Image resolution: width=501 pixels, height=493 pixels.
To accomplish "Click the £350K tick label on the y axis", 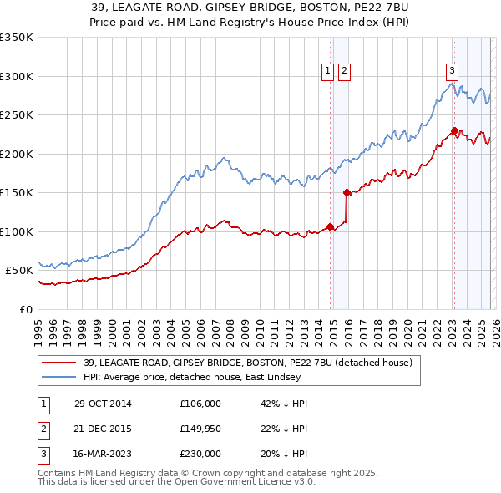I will click(x=17, y=38).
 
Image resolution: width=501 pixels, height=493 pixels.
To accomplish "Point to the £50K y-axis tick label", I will click(x=20, y=271).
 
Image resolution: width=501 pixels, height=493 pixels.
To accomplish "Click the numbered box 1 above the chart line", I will click(x=327, y=71).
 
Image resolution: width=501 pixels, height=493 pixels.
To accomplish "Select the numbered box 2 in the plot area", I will click(x=344, y=71).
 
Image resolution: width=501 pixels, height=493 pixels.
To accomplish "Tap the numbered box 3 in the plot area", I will click(x=452, y=71).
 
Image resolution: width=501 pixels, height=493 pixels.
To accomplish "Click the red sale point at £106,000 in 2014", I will click(x=331, y=226).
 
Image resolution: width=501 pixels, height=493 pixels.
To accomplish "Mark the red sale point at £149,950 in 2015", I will click(x=347, y=192).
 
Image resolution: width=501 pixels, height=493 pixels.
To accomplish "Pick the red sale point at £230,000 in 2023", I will click(x=454, y=130).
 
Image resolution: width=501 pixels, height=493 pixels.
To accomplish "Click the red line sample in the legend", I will click(x=58, y=363).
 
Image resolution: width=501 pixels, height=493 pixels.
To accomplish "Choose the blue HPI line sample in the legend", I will click(x=58, y=377).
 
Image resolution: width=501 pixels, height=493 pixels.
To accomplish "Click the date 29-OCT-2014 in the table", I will click(x=103, y=404).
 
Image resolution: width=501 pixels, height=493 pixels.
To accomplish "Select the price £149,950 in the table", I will click(x=200, y=429).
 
